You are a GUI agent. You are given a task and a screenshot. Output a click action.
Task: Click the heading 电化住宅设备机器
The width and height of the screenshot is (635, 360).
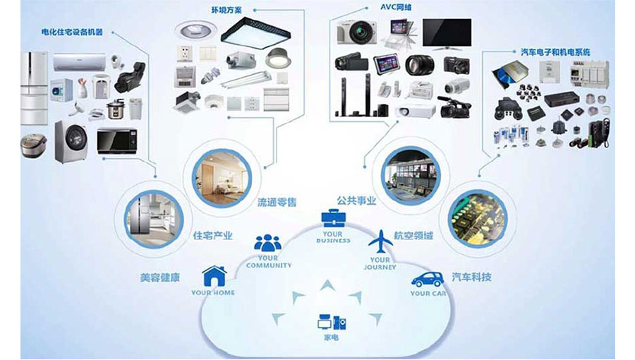72,32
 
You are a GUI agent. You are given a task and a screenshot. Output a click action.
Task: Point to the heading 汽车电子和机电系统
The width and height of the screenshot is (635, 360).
555,52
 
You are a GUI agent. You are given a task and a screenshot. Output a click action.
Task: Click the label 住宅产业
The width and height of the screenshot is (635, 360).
212,236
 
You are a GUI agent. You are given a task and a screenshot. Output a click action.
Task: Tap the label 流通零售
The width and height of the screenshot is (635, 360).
277,203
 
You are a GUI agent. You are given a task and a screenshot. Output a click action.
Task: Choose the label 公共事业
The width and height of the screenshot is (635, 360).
356,201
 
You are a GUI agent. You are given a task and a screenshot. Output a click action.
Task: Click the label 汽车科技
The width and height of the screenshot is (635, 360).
471,277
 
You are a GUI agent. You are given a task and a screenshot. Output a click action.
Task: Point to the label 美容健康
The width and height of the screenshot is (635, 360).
159,277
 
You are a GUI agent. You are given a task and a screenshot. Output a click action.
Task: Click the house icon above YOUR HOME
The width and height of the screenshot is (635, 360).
214,275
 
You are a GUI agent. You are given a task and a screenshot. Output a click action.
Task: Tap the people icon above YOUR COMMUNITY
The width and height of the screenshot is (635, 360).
267,243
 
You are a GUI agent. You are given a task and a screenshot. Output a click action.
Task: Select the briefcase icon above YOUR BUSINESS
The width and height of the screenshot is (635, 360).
332,217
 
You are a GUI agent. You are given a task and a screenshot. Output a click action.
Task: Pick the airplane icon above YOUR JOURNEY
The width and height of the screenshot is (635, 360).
380,241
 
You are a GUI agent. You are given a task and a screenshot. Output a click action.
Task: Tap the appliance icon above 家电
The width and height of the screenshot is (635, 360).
331,323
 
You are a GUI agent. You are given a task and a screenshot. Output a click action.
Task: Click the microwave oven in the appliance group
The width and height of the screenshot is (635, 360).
116,139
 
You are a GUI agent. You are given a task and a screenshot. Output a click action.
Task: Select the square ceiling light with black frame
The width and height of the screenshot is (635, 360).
254,32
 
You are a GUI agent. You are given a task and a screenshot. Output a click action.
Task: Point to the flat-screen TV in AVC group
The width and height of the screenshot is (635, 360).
447,33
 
